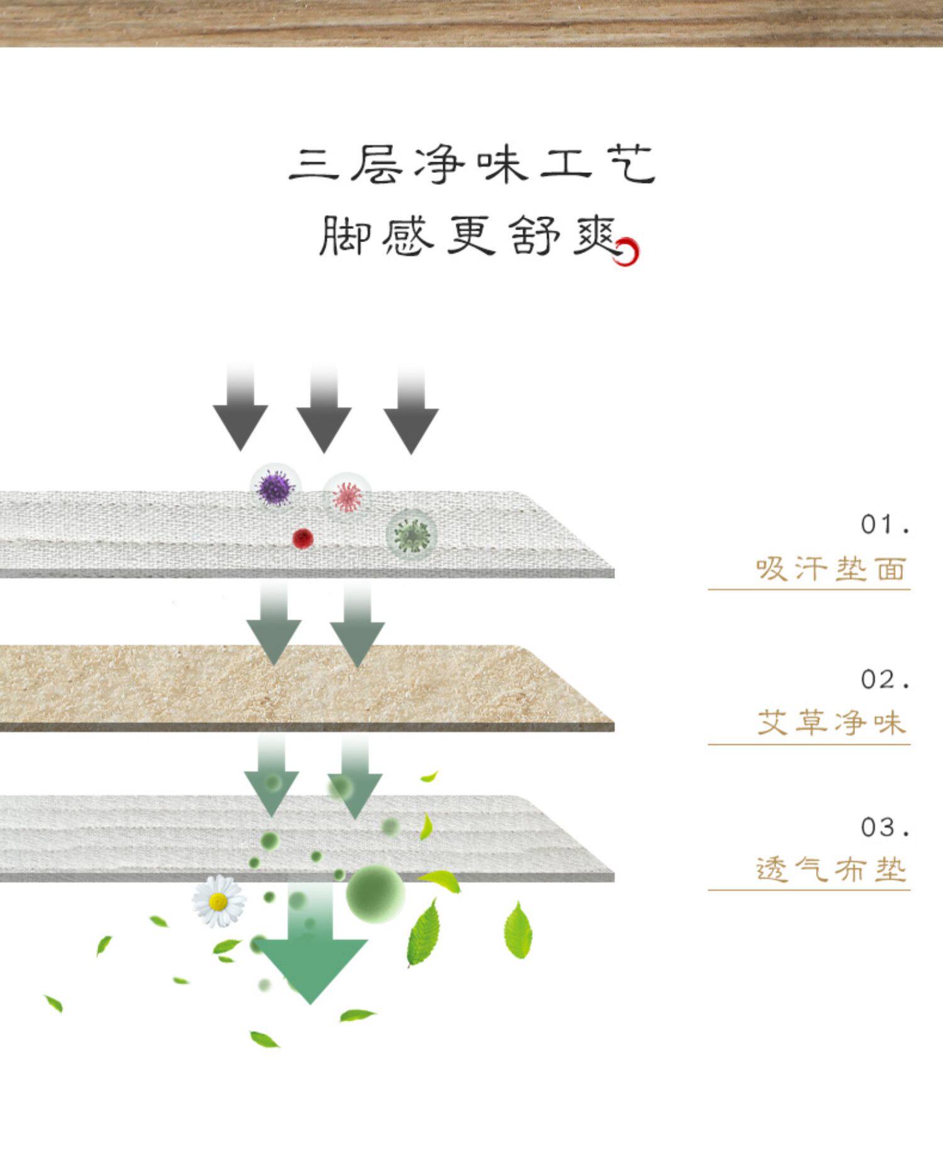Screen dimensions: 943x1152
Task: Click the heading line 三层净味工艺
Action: pos(472,165)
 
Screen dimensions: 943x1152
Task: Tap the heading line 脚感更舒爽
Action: pos(468,236)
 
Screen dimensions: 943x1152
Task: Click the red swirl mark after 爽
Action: pos(628,252)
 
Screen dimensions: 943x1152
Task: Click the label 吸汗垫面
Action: pos(831,569)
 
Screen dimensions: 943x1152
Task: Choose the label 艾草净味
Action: pos(831,723)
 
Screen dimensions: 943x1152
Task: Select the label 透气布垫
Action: pos(831,870)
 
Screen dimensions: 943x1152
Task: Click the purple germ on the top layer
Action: pos(276,487)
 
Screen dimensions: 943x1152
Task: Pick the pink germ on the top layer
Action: pos(347,496)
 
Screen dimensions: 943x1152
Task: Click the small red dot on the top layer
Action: pos(303,538)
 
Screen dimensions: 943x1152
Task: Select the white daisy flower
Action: pos(218,902)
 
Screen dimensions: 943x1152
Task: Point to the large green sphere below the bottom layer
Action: pos(376,893)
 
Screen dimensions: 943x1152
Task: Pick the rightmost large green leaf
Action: pos(518,931)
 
